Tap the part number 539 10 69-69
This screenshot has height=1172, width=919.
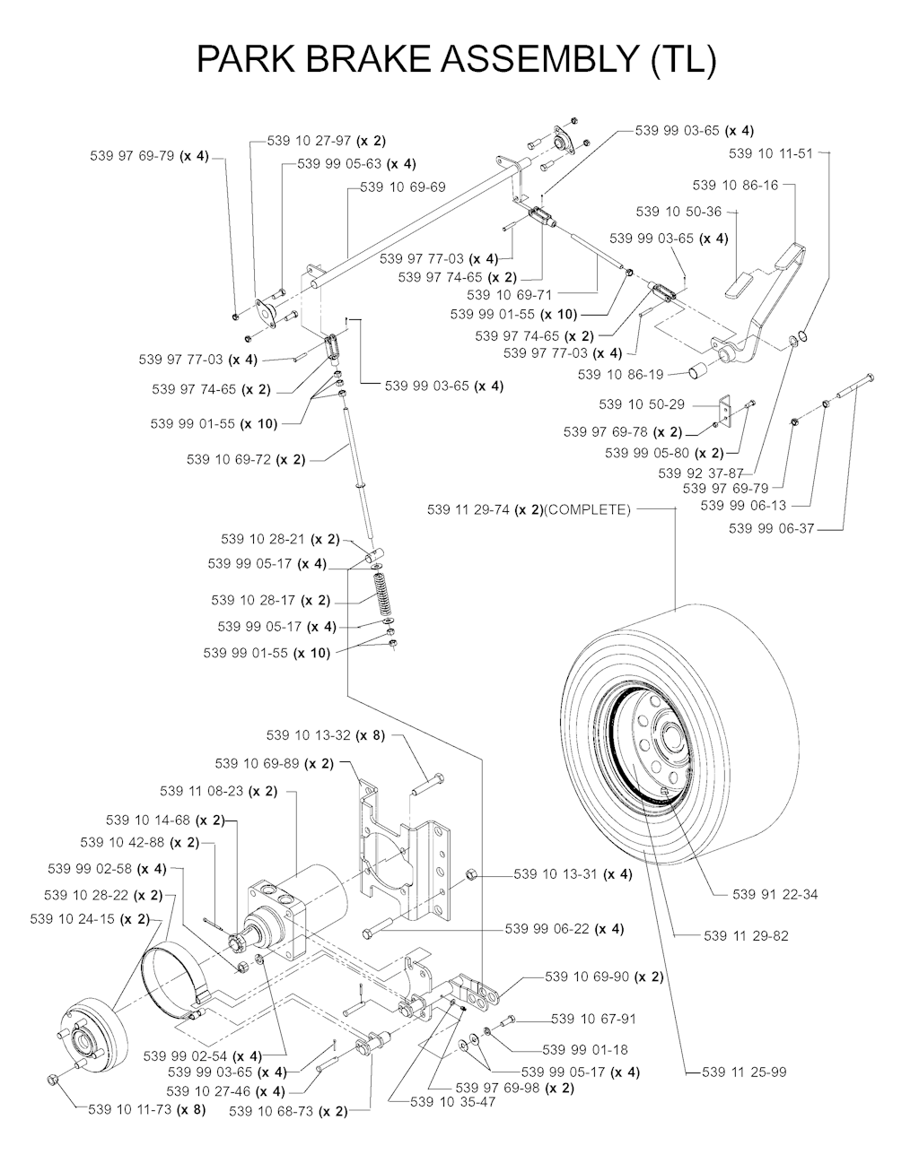coord(403,187)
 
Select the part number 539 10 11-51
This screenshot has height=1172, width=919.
coord(771,153)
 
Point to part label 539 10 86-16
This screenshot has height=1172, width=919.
coord(735,185)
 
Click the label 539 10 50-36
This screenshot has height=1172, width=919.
coord(678,212)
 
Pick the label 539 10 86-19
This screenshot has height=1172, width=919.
coord(621,375)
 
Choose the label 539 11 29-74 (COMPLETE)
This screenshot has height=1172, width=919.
coord(530,510)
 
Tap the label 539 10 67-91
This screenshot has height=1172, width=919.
coord(593,1019)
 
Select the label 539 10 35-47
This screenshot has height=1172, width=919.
coord(451,1102)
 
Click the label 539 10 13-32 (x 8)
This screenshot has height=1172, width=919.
coord(326,735)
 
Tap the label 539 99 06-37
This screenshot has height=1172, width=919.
coord(771,528)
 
